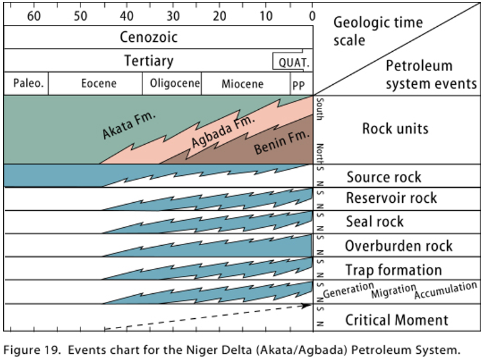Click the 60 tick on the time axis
[x=34, y=16]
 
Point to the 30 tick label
[x=173, y=16]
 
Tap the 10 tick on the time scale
[x=266, y=16]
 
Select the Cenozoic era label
[x=149, y=37]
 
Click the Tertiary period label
[x=149, y=61]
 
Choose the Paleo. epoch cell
[x=26, y=84]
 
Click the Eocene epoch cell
[x=98, y=84]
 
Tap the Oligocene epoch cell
[x=174, y=84]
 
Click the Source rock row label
[x=384, y=177]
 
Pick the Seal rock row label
[x=375, y=221]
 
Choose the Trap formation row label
[x=393, y=270]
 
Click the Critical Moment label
[x=397, y=320]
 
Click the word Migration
[x=393, y=291]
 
